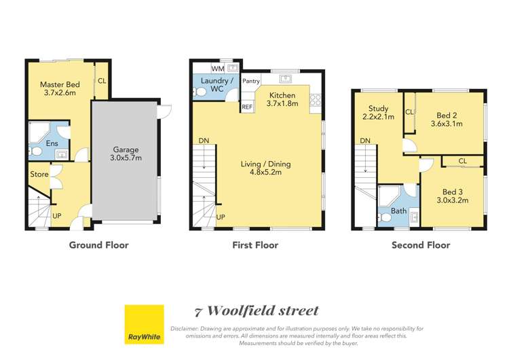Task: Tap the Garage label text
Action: (126, 154)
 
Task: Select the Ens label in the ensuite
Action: (52, 143)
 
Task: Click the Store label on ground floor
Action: (39, 175)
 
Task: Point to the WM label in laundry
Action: (217, 69)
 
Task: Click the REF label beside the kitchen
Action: (247, 107)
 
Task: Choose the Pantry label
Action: (251, 82)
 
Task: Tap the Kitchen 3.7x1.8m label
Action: (282, 99)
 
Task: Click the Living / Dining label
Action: (261, 168)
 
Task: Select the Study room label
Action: (378, 113)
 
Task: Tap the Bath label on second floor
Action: (398, 211)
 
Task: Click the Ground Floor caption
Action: (98, 245)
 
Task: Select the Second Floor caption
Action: (420, 245)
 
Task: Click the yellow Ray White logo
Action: (144, 325)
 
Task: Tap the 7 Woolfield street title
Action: (256, 311)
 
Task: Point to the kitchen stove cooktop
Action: (316, 101)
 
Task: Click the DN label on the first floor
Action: (204, 141)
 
